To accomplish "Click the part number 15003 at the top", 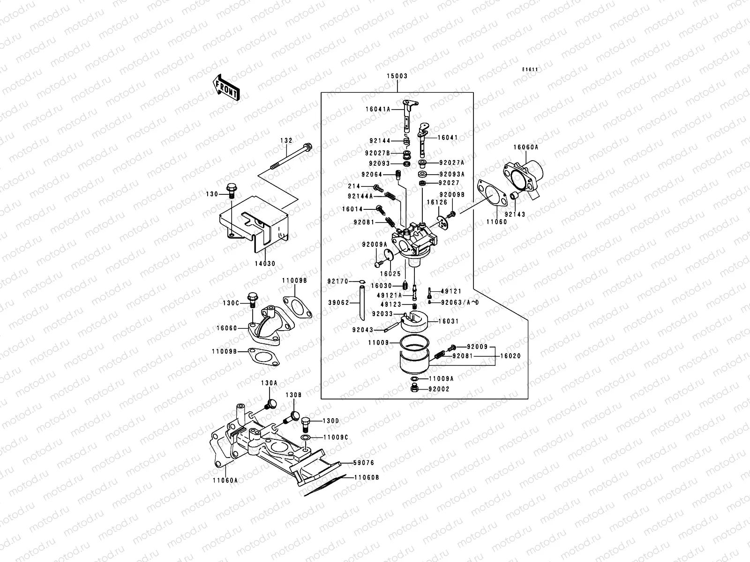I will tap(397, 76).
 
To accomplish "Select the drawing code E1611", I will tap(530, 70).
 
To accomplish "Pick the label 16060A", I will tap(526, 147).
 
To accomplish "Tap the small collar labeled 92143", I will tap(514, 195).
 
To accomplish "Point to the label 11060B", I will tap(367, 478).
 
